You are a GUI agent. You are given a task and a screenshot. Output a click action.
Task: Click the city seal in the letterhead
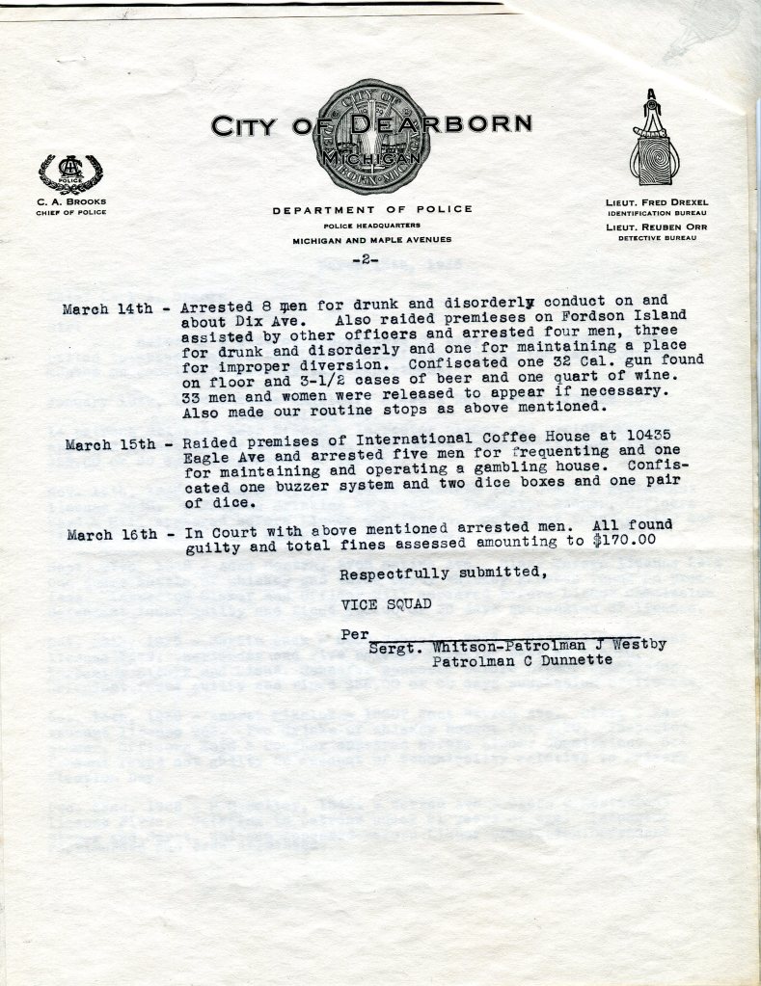(371, 137)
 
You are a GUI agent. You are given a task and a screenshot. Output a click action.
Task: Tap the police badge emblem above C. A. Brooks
(70, 173)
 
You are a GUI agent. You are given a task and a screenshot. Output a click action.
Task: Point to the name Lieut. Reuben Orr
(656, 227)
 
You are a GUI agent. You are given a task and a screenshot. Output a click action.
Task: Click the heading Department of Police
(372, 209)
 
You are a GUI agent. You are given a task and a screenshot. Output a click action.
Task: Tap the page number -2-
(366, 260)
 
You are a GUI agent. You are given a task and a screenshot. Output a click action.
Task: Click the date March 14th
(107, 309)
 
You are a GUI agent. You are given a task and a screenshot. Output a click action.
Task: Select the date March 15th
(109, 445)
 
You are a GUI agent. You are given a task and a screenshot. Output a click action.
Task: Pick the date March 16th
(112, 535)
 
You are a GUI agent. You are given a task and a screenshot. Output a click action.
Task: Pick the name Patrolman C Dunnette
(522, 660)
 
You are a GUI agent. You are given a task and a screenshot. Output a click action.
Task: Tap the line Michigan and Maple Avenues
(372, 240)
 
